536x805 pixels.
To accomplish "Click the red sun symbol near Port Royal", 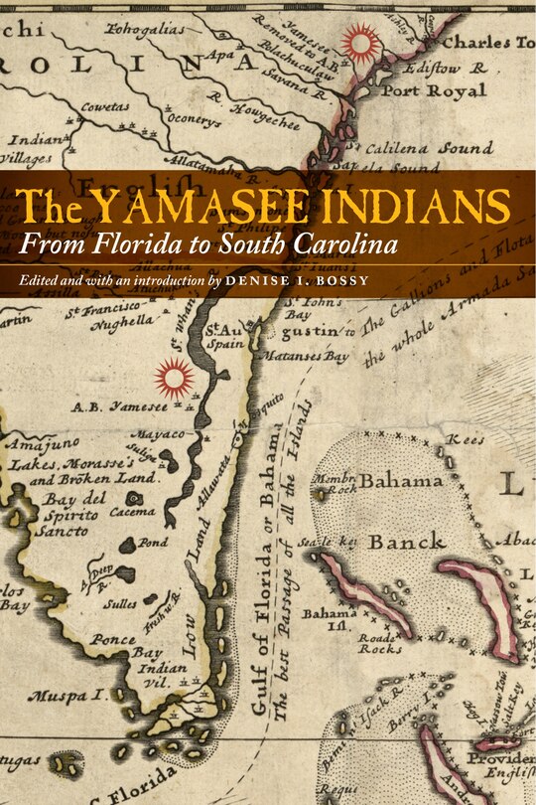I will coord(360,44).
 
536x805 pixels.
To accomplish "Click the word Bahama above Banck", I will coord(402,481).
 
